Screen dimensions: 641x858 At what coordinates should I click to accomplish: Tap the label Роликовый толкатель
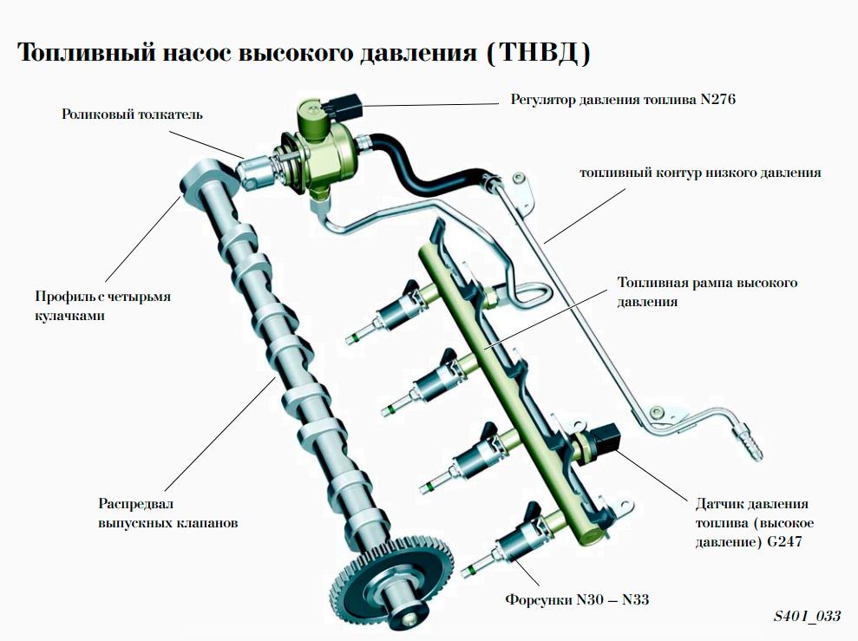coord(133,114)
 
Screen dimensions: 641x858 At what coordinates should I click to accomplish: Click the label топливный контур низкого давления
coord(699,173)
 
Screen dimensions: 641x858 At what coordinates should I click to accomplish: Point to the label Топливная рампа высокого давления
coord(706,292)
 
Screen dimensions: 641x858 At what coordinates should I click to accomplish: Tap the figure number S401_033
coord(807,616)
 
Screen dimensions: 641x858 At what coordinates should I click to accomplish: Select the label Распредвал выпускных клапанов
coord(168,513)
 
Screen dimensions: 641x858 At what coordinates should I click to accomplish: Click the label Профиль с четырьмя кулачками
coord(102,305)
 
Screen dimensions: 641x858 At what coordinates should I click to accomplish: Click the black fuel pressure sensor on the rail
coord(605,438)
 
